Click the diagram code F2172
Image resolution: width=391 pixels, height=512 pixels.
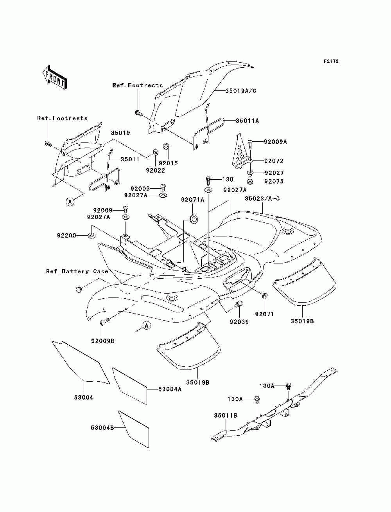pos(331,61)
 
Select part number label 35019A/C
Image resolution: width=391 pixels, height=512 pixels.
pos(241,91)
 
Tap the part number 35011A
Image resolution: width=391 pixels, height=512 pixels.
pos(247,121)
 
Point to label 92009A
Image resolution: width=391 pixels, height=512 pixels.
pos(275,142)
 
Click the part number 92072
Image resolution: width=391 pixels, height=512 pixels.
pos(274,161)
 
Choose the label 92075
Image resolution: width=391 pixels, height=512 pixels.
pos(274,181)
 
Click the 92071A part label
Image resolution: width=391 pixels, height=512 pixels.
pos(193,199)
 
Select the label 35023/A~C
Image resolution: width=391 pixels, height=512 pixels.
pos(262,198)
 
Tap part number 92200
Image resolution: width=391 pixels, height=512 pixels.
pos(66,236)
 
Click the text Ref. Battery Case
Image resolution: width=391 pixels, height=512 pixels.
pos(77,271)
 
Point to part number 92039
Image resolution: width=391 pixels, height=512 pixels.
pos(239,322)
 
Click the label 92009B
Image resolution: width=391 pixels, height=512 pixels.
pos(103,341)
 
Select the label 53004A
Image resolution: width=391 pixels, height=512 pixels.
pos(170,389)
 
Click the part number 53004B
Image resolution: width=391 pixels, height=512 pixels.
pos(102,427)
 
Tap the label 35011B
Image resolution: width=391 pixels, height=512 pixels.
pos(226,415)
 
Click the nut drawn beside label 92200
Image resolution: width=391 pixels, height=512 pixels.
pos(91,235)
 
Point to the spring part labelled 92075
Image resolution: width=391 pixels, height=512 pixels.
pos(251,182)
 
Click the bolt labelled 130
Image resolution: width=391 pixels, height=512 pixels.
pos(208,180)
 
